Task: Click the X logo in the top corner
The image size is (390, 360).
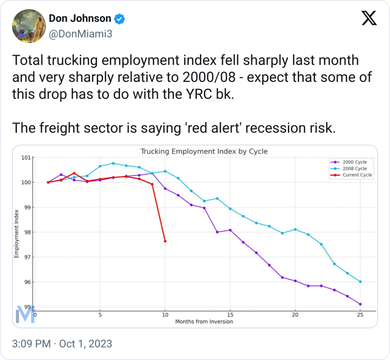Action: tap(369, 18)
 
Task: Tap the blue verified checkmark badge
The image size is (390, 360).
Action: tap(121, 18)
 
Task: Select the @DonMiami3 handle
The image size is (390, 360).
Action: tap(80, 34)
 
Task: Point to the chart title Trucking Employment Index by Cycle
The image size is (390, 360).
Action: tap(204, 151)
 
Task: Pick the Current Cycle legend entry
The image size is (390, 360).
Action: tap(357, 175)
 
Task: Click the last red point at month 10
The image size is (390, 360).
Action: tap(165, 241)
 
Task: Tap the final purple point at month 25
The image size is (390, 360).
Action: tap(360, 304)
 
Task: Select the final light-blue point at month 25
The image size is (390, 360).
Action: tap(360, 282)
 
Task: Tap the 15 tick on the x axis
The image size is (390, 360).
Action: tap(230, 315)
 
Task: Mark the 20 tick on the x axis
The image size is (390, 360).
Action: tap(295, 315)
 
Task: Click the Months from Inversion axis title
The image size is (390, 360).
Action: tap(204, 321)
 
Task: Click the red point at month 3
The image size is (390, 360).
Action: tap(74, 173)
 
